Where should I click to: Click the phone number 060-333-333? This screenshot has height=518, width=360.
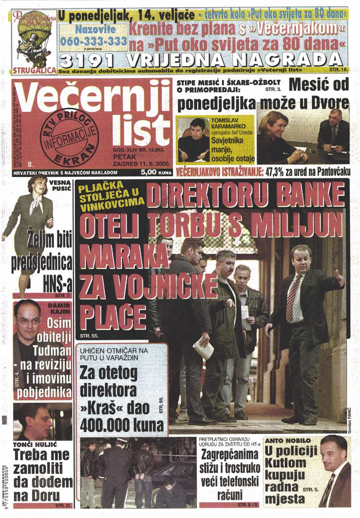93,42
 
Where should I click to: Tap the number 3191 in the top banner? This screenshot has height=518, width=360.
88,61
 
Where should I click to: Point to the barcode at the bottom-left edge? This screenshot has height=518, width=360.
4,489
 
